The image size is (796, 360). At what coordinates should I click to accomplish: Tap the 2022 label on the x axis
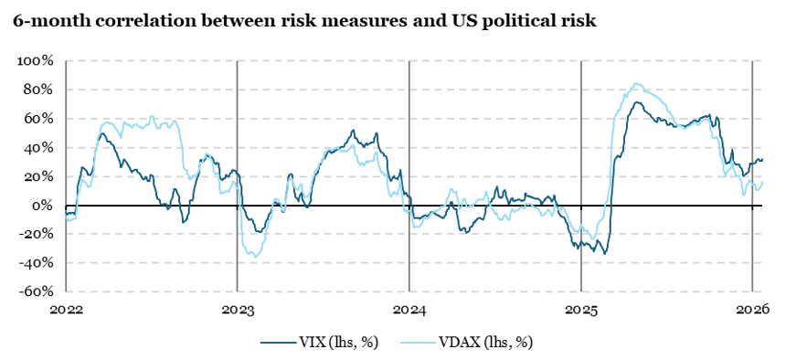pos(66,310)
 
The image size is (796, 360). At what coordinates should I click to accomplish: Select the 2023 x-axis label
pos(238,310)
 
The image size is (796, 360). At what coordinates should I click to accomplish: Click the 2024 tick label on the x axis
pos(409,310)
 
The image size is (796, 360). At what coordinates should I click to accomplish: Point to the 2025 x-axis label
pos(580,310)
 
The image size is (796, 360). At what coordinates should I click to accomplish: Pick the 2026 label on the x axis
pos(752,310)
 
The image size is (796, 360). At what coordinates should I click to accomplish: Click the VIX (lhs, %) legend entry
pos(319,342)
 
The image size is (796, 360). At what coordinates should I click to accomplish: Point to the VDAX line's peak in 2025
pos(637,84)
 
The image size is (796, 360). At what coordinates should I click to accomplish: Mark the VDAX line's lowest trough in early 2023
pos(253,256)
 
